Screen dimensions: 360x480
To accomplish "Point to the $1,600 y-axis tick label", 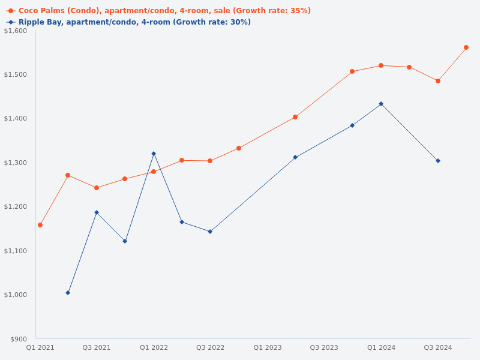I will (x=16, y=31).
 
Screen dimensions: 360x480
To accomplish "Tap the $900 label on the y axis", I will (x=19, y=339).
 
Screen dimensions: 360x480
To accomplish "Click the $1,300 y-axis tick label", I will (x=16, y=163).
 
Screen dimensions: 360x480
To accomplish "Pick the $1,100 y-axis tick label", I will (x=16, y=251).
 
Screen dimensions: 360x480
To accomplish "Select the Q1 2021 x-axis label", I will (x=40, y=348).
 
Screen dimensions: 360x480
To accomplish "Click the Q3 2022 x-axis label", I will (x=210, y=348).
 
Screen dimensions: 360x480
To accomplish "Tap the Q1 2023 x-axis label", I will (x=268, y=348).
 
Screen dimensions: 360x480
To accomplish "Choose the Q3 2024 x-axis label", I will (x=438, y=348).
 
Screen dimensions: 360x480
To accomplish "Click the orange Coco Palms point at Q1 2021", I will (x=40, y=225).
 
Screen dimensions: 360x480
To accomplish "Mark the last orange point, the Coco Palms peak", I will (x=466, y=47).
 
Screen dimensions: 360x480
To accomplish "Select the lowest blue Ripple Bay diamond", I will (x=68, y=293).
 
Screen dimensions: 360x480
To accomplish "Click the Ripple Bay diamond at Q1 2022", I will (x=154, y=154).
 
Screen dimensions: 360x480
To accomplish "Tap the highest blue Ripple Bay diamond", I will (x=381, y=104).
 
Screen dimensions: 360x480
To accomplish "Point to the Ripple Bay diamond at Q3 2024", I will (x=438, y=161).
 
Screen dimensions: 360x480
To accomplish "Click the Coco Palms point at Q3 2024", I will (x=438, y=81).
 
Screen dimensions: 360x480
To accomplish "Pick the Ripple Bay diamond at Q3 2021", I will (x=97, y=212).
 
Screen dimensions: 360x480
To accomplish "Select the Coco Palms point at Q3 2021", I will (x=97, y=188).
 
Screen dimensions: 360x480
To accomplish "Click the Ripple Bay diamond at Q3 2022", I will (x=210, y=232).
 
